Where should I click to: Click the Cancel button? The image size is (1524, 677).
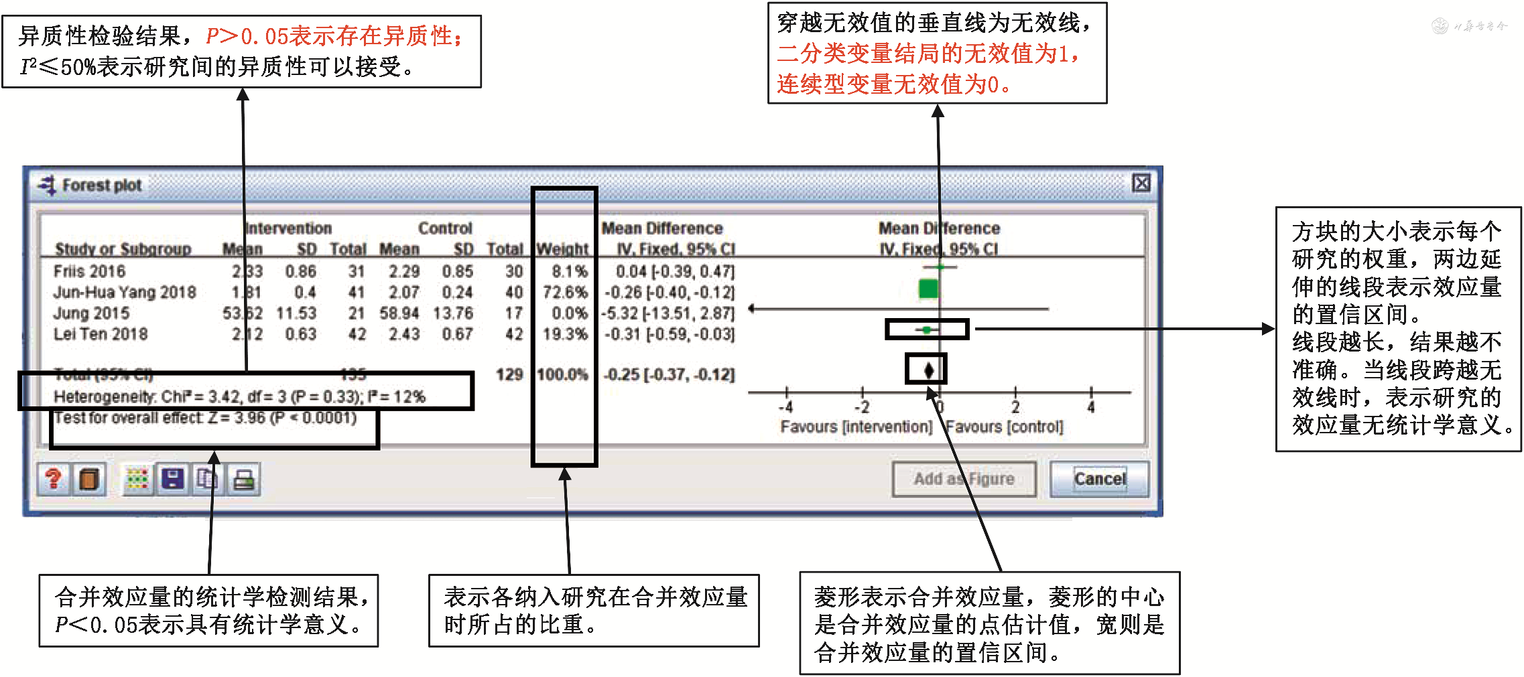click(1099, 479)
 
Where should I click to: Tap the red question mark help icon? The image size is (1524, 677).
click(54, 479)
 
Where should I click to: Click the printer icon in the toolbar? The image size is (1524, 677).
click(244, 479)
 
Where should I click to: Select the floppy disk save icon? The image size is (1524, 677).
click(173, 479)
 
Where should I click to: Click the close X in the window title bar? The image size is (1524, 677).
click(1141, 183)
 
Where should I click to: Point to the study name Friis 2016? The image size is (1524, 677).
click(89, 271)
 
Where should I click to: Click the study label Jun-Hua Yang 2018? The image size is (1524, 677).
click(125, 292)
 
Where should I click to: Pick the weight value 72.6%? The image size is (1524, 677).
click(565, 292)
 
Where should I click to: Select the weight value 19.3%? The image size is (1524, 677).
click(565, 333)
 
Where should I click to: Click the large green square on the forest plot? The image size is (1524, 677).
click(928, 289)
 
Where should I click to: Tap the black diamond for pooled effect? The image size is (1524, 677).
click(929, 370)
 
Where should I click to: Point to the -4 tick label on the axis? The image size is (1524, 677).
click(786, 407)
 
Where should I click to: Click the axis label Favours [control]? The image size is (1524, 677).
click(1004, 427)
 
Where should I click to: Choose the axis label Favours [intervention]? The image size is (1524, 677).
click(856, 427)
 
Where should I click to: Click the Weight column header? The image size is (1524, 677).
click(562, 249)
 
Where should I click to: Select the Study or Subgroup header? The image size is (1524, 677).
click(123, 249)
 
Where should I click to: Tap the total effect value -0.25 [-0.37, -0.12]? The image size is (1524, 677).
click(669, 374)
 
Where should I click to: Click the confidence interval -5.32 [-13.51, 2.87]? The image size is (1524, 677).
click(668, 313)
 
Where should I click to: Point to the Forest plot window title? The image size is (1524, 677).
click(101, 185)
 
